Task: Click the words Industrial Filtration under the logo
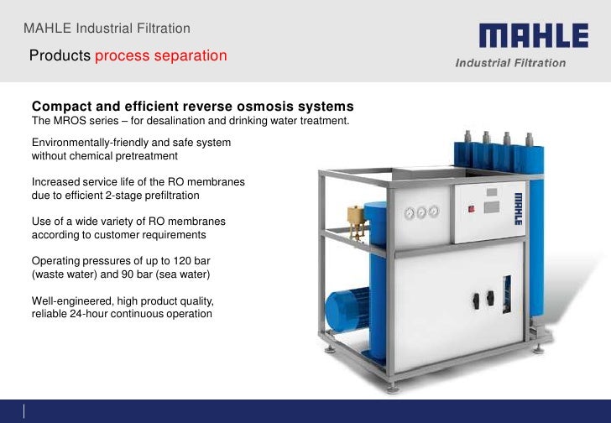(509, 63)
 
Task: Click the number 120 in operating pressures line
(191, 260)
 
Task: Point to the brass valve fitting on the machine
(352, 217)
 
